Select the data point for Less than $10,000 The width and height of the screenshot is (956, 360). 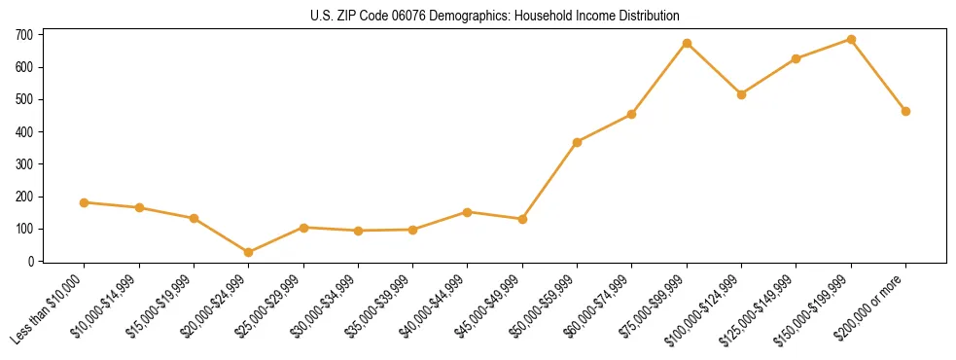pyautogui.click(x=85, y=202)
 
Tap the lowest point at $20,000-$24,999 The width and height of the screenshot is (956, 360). pyautogui.click(x=249, y=252)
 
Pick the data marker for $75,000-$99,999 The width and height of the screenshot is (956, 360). pyautogui.click(x=687, y=43)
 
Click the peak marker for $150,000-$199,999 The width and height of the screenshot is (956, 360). pyautogui.click(x=851, y=39)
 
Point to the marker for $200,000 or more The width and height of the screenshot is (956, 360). pyautogui.click(x=905, y=111)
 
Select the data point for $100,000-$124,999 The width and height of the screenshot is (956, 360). pyautogui.click(x=741, y=94)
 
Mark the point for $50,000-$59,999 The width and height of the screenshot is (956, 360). pyautogui.click(x=578, y=142)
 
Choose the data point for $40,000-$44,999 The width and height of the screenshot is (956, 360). pyautogui.click(x=468, y=212)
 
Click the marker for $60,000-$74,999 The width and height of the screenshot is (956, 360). pyautogui.click(x=632, y=114)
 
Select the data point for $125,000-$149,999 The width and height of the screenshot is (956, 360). pyautogui.click(x=796, y=58)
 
